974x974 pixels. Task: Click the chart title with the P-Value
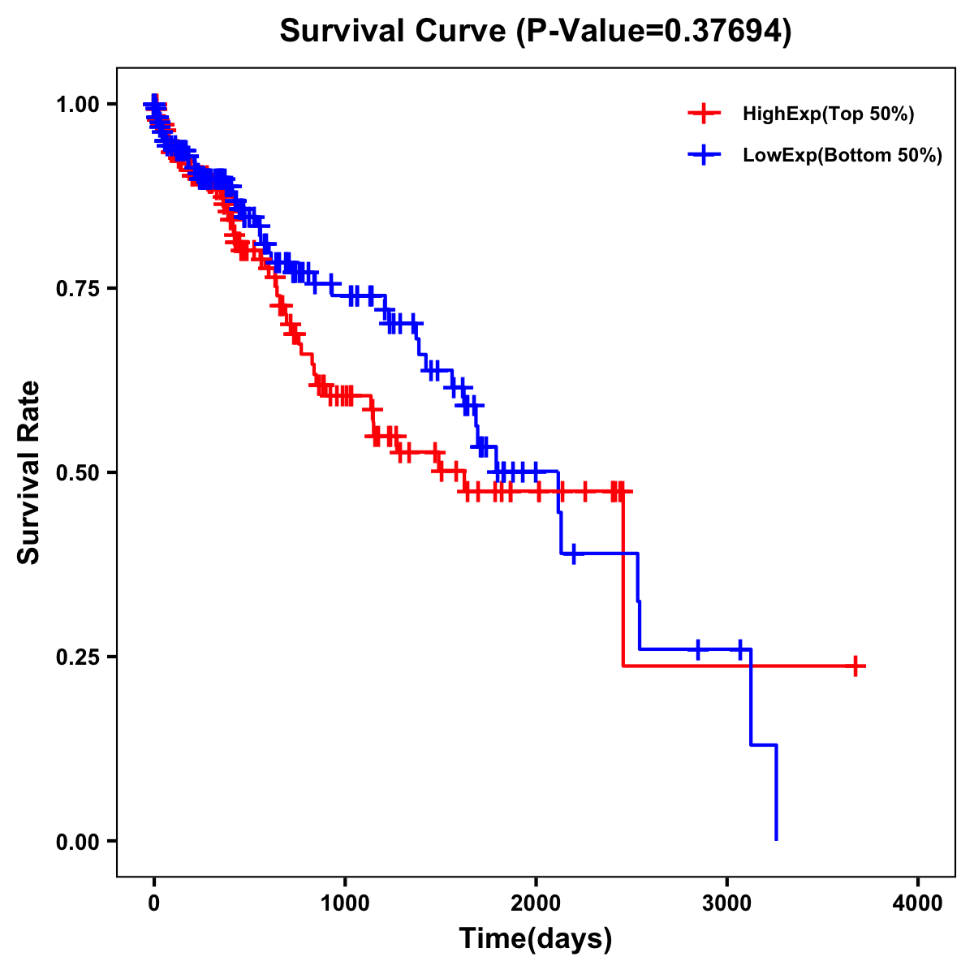pos(535,31)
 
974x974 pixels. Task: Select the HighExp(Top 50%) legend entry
pos(828,114)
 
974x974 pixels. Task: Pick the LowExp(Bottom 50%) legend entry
pos(842,155)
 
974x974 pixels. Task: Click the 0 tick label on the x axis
pos(154,903)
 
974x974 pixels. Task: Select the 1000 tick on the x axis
pos(345,903)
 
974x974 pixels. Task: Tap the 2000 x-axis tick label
pos(536,903)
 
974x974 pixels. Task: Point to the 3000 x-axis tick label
pos(727,903)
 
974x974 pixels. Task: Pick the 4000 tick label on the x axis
pos(918,903)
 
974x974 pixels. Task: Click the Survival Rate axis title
pos(29,472)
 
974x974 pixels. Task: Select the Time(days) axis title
pos(536,939)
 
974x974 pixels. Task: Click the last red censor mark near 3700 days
pos(855,666)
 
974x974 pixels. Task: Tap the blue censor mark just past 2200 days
pos(574,554)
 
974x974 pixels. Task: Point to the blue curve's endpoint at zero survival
pos(777,839)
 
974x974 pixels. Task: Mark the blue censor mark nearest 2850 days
pos(698,649)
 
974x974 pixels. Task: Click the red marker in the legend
pos(704,114)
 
